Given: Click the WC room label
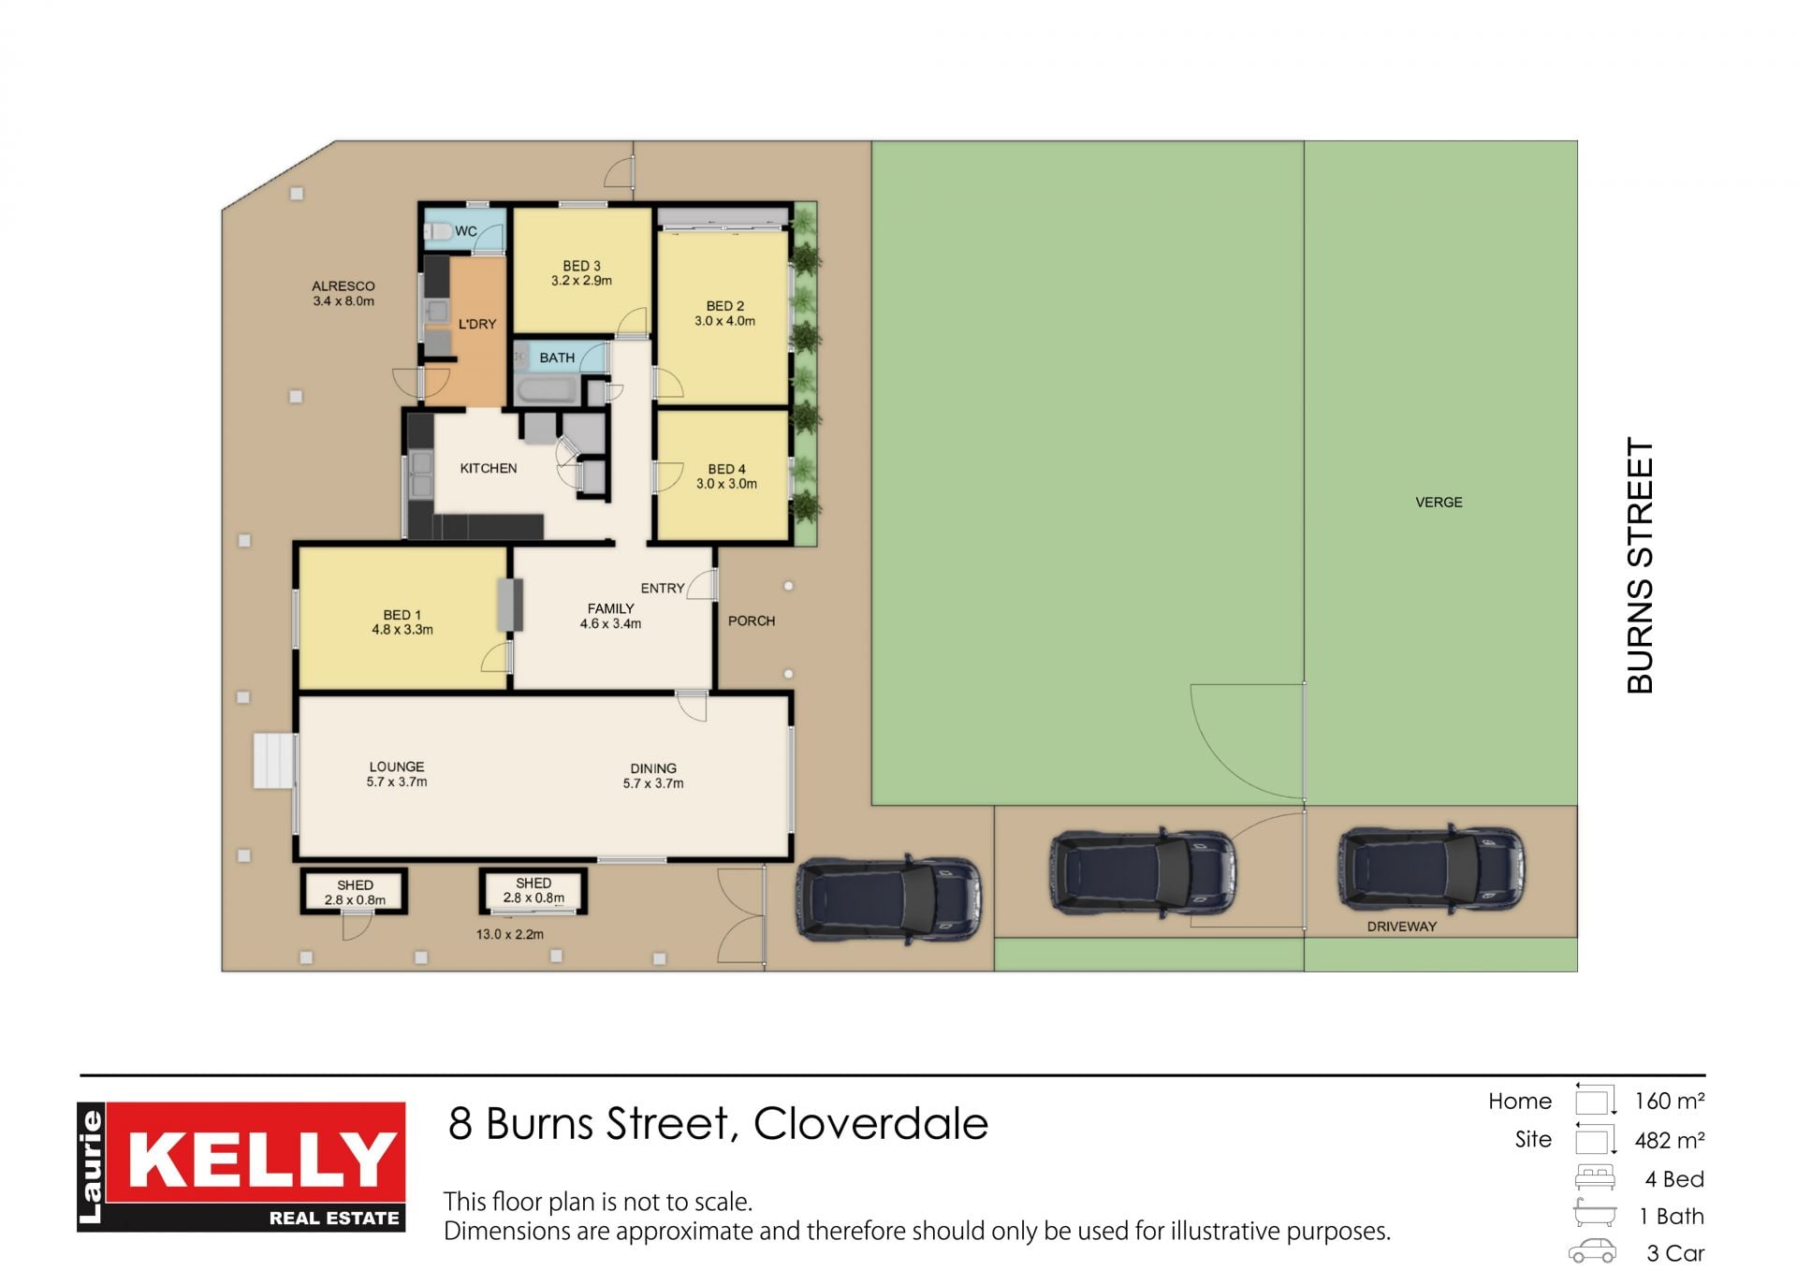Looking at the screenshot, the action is (x=466, y=231).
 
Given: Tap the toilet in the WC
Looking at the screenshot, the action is (x=439, y=230).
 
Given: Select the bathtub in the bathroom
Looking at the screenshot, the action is (x=548, y=390).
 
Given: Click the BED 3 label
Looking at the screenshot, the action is (x=581, y=266).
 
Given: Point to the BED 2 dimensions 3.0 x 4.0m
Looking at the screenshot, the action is (x=725, y=321).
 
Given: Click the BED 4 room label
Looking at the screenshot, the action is (x=727, y=469).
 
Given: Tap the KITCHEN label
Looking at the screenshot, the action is (x=489, y=468).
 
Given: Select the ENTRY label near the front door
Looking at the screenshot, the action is (x=663, y=588).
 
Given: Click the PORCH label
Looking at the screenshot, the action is (x=752, y=620).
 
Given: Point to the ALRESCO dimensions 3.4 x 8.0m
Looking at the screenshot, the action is (x=343, y=301).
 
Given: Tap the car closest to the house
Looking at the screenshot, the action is (x=889, y=898).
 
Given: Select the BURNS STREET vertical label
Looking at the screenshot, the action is (x=1641, y=565).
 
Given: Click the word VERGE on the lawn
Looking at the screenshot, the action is (x=1439, y=503).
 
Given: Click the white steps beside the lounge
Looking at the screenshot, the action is (x=274, y=761).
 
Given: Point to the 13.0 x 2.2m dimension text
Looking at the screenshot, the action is (x=510, y=934).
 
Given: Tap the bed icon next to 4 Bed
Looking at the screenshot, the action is (x=1595, y=1177).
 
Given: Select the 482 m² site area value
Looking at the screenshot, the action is (x=1670, y=1140).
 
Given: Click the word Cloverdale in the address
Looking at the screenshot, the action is (x=870, y=1123).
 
